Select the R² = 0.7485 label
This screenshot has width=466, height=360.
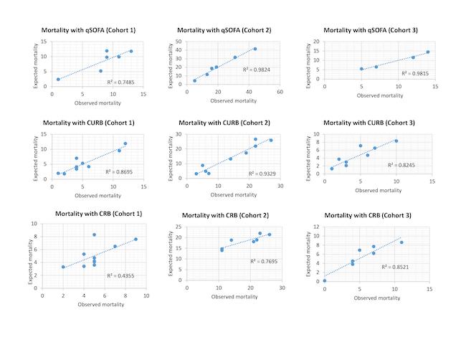[119, 83]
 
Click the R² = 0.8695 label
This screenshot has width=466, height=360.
[119, 172]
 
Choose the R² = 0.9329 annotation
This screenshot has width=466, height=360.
[261, 174]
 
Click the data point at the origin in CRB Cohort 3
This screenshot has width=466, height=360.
[324, 280]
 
